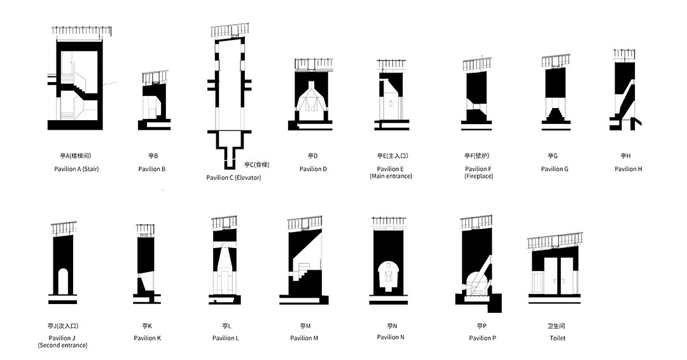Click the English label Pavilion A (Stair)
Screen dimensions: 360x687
tap(76, 169)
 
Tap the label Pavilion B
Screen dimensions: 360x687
tap(152, 169)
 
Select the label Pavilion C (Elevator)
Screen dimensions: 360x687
tap(233, 177)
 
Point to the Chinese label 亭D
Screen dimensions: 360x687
tap(312, 155)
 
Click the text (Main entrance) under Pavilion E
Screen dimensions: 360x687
tap(391, 176)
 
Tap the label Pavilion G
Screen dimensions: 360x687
tap(555, 169)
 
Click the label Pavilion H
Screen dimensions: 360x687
tap(628, 169)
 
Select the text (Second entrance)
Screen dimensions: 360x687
tap(62, 345)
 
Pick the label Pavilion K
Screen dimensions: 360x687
tap(148, 338)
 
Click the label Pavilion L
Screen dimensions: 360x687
tap(226, 338)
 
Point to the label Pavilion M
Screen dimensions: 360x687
tap(304, 338)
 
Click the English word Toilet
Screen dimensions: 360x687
tap(557, 338)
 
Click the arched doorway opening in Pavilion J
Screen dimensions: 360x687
tap(62, 280)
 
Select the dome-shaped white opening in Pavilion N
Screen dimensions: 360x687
tap(387, 275)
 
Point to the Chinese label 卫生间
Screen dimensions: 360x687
tap(557, 326)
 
